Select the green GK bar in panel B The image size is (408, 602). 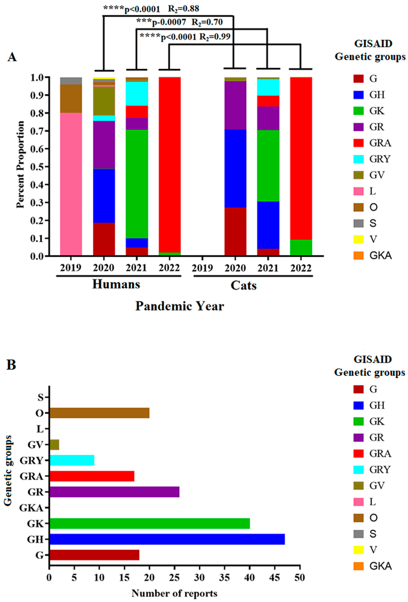pyautogui.click(x=149, y=523)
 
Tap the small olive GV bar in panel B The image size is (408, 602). pyautogui.click(x=54, y=444)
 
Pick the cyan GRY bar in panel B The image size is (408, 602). pyautogui.click(x=72, y=460)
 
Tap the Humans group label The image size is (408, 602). pyautogui.click(x=116, y=284)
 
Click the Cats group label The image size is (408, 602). pyautogui.click(x=243, y=285)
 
